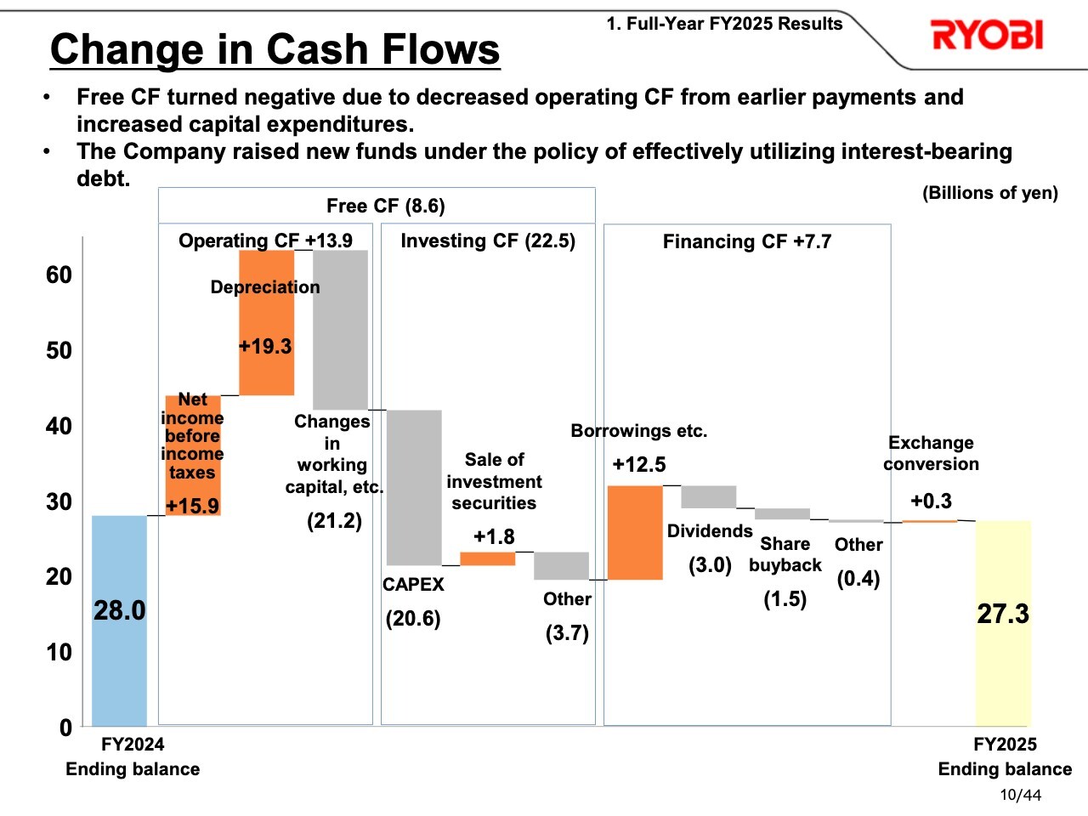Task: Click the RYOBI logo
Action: pos(986,36)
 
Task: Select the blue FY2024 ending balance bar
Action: pos(119,620)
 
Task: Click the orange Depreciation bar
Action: pos(266,323)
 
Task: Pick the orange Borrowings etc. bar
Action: pos(635,533)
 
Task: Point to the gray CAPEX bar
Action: pos(414,487)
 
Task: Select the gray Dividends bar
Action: pos(708,496)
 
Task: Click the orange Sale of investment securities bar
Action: pos(487,558)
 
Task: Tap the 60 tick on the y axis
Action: pos(59,275)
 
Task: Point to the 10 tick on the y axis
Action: pos(59,652)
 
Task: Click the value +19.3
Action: pos(265,346)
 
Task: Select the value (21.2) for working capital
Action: pos(334,520)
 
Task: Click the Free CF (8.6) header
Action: pos(385,206)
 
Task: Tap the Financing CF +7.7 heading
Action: pos(746,241)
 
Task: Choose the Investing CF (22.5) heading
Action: pos(488,241)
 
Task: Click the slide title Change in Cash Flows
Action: pos(275,49)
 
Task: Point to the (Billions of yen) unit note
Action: pos(989,193)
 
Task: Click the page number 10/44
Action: pos(1020,795)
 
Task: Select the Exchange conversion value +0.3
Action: pos(931,501)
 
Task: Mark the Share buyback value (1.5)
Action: pos(785,599)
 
